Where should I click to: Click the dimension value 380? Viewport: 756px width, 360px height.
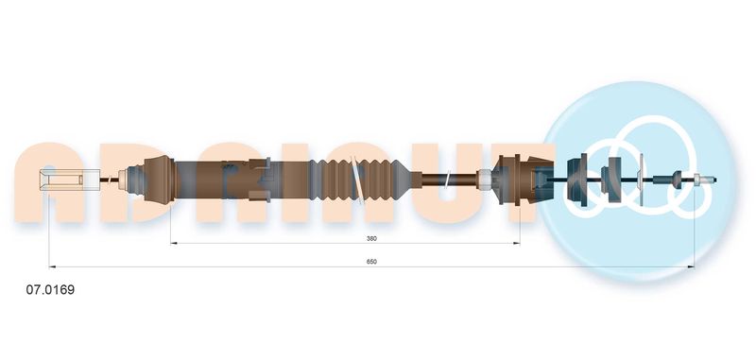tap(371, 238)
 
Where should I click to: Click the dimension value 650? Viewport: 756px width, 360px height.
tap(371, 262)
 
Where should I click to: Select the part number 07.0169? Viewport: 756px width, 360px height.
tap(50, 290)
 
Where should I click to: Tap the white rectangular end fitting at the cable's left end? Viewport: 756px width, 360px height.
tap(70, 180)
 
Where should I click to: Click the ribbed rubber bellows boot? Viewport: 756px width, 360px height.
tap(359, 180)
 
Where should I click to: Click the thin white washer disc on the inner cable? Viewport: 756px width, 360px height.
tap(641, 180)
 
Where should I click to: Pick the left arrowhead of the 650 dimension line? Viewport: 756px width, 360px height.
tap(52, 266)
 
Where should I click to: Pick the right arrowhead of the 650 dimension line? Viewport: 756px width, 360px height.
tap(691, 266)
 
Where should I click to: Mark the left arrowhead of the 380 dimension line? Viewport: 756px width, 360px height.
tap(174, 244)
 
